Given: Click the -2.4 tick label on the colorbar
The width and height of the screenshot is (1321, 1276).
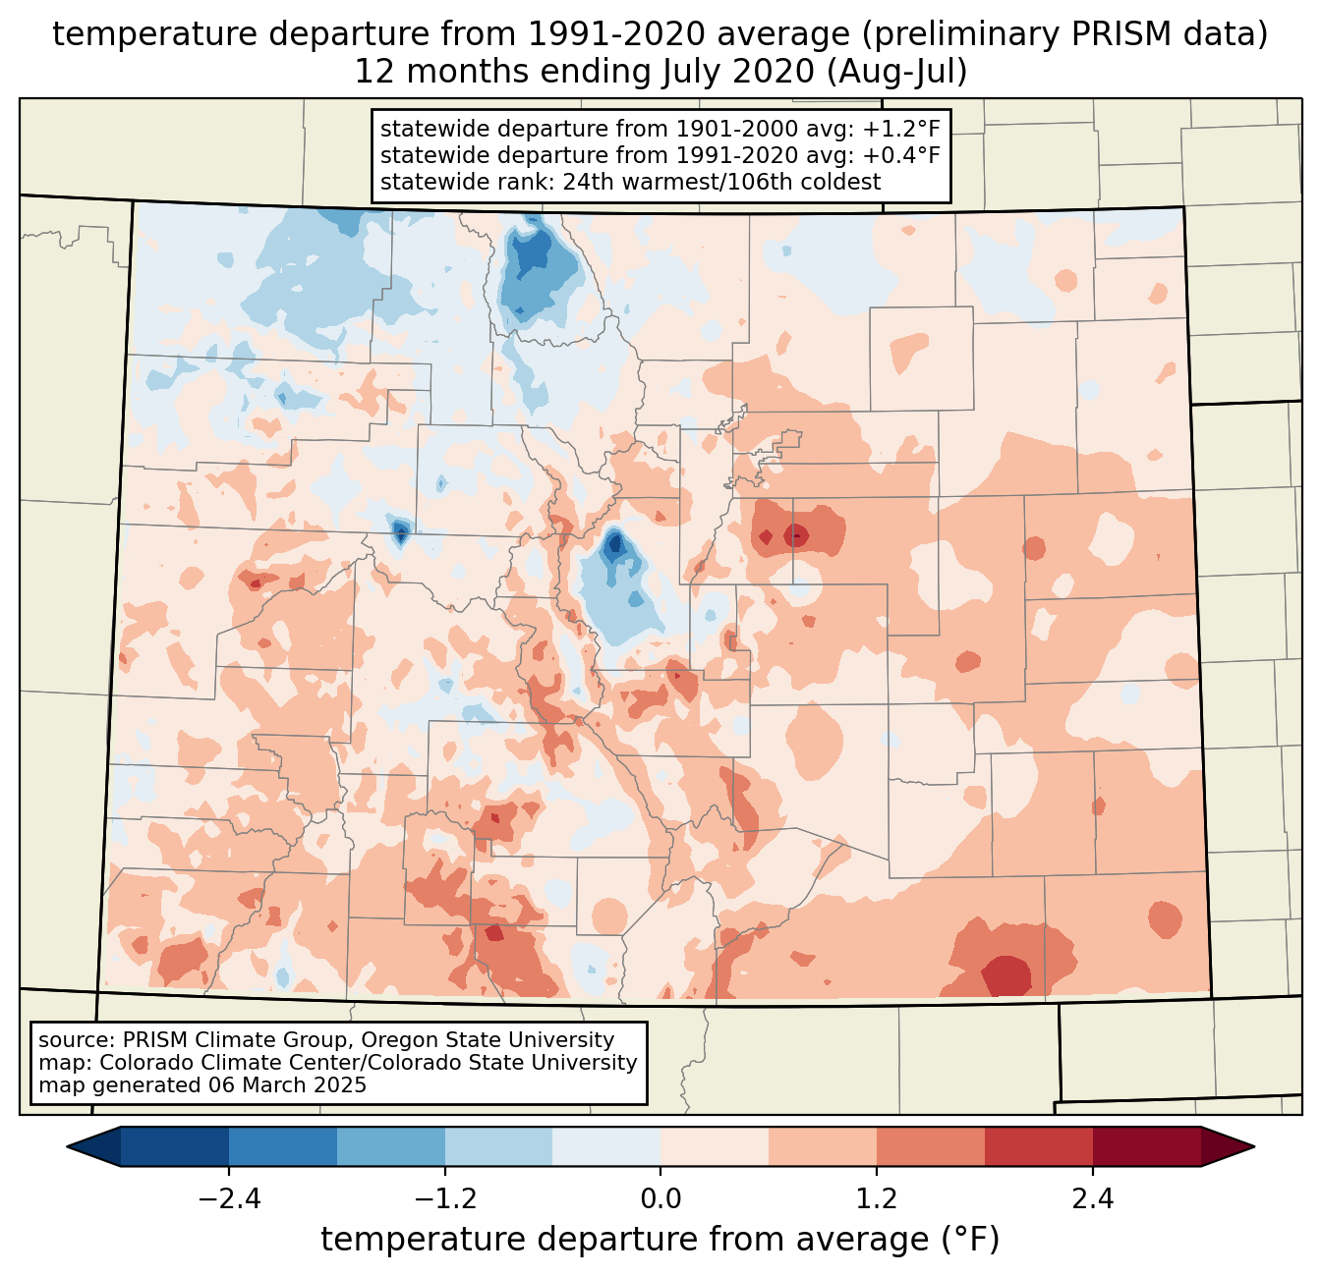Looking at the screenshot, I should click(228, 1199).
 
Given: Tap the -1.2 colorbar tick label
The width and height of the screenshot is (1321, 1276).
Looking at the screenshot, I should click(444, 1199).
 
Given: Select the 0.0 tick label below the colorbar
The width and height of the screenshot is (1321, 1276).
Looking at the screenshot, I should click(660, 1199).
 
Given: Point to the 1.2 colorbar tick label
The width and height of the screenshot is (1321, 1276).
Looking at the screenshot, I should click(877, 1199).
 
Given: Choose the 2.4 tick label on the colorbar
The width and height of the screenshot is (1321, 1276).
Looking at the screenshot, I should click(1093, 1199).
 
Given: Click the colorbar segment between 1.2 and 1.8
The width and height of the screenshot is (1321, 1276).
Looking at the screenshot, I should click(930, 1146).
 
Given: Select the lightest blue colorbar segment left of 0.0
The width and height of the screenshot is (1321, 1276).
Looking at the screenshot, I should click(606, 1146).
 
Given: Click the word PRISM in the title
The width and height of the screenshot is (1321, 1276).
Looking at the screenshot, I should click(1146, 34).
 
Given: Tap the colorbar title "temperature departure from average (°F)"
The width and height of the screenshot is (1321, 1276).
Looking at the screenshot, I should click(660, 1240).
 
